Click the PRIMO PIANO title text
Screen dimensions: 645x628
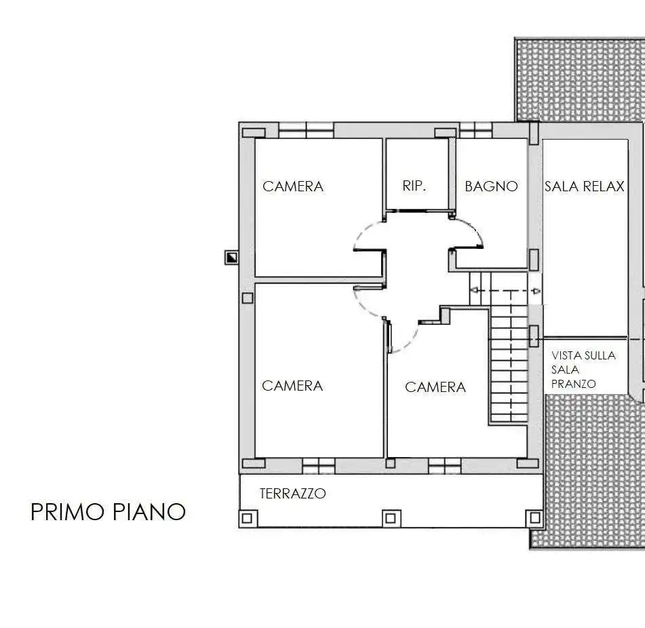pyautogui.click(x=109, y=511)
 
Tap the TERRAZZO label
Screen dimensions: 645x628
pyautogui.click(x=293, y=494)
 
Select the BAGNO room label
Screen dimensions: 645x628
pyautogui.click(x=491, y=187)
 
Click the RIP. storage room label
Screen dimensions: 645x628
pyautogui.click(x=414, y=186)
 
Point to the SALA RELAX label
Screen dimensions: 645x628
pyautogui.click(x=585, y=187)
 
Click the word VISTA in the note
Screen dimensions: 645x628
pyautogui.click(x=565, y=355)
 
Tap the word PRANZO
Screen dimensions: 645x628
pyautogui.click(x=573, y=384)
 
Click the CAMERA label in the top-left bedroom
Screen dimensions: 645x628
pyautogui.click(x=293, y=187)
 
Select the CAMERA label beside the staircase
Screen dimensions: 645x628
pyautogui.click(x=435, y=387)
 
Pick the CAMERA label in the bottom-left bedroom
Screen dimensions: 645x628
pyautogui.click(x=292, y=386)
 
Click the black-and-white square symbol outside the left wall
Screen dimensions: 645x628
pyautogui.click(x=231, y=258)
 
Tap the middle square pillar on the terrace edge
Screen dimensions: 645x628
pyautogui.click(x=391, y=518)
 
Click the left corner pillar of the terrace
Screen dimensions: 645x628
pyautogui.click(x=248, y=518)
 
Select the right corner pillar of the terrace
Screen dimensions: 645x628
pyautogui.click(x=534, y=517)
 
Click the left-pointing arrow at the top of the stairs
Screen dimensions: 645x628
pyautogui.click(x=474, y=291)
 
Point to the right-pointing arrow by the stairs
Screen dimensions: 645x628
pyautogui.click(x=536, y=291)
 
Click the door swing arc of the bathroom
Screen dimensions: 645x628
pyautogui.click(x=473, y=229)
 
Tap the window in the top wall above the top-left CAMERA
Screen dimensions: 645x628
pyautogui.click(x=307, y=131)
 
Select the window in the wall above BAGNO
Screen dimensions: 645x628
pyautogui.click(x=475, y=130)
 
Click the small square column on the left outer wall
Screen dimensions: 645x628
pyautogui.click(x=248, y=298)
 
